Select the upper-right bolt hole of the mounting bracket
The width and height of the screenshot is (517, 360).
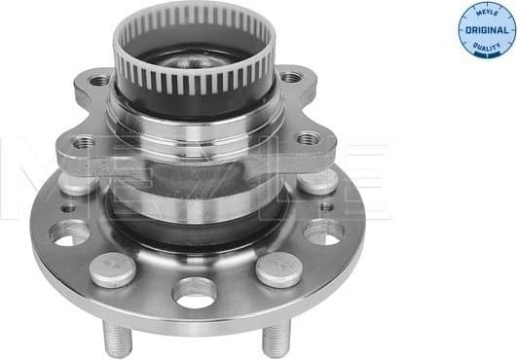pos(290,77)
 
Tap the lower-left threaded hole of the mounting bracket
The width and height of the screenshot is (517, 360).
pos(85,143)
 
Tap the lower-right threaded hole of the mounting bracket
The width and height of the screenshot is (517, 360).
pos(309,138)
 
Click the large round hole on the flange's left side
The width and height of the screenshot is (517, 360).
pos(69,233)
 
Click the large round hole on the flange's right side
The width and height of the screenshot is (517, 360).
pos(324,233)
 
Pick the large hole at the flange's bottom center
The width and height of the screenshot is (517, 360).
pos(194,291)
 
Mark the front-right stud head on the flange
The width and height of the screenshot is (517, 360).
pos(280,269)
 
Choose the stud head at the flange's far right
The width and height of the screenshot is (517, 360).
pos(317,180)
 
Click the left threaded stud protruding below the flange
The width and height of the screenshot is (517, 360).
pos(116,339)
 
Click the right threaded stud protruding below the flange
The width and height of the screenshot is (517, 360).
pos(276,339)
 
